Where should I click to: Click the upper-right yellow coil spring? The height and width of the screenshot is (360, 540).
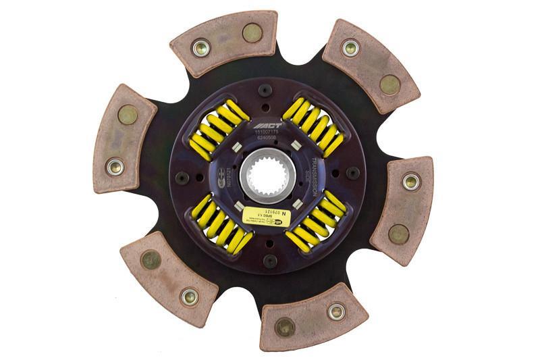point(313,125)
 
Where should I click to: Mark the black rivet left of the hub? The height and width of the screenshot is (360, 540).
point(181,177)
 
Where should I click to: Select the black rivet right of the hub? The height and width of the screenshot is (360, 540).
point(352,172)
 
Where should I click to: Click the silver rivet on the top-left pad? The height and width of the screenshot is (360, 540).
point(200,47)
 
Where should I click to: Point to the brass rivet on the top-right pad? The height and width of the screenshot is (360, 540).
point(389,84)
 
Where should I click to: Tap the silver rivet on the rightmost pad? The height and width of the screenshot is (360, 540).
point(410,181)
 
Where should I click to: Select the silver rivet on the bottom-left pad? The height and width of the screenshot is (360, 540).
point(190,295)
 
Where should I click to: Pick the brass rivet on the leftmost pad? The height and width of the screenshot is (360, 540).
point(128,115)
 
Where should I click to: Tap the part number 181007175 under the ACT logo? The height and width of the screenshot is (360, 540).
point(266,134)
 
